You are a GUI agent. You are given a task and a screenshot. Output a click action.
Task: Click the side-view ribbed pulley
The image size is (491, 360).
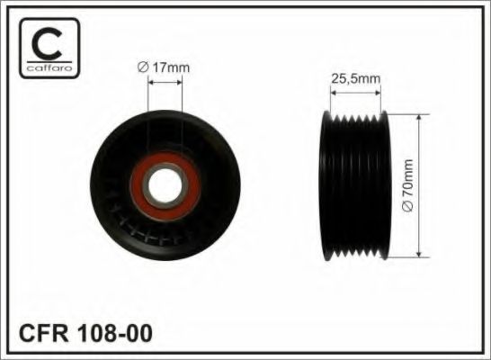pyautogui.click(x=355, y=186)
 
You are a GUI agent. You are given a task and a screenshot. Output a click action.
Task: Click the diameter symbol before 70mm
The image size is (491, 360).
pyautogui.click(x=406, y=210)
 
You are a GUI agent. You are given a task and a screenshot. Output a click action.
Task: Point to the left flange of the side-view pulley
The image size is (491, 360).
pyautogui.click(x=326, y=186)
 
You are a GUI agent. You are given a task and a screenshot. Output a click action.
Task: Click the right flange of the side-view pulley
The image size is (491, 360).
pyautogui.click(x=384, y=186)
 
